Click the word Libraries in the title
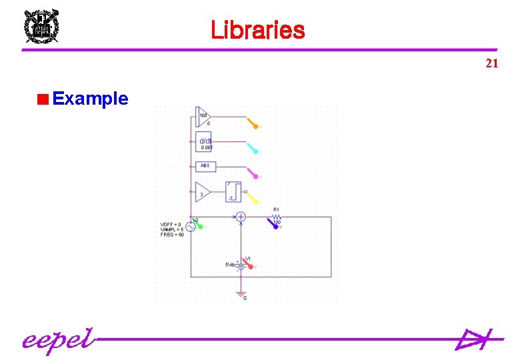257,30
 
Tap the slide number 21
491,63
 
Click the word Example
90,99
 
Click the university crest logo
41,27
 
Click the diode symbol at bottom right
473,340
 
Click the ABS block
205,165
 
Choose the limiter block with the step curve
233,193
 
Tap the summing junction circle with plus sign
241,217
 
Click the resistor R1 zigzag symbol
277,217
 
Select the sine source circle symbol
189,227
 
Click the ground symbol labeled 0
241,294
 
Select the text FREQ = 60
172,235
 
